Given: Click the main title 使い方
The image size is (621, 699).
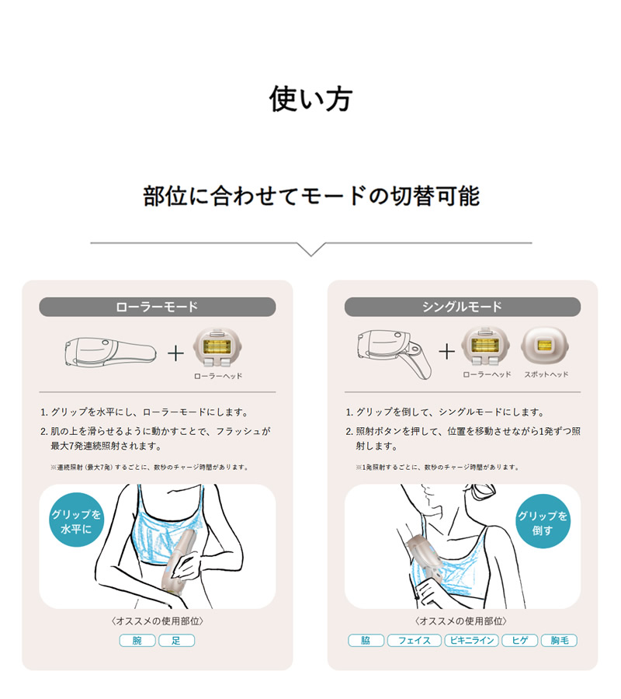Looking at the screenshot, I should (x=310, y=99).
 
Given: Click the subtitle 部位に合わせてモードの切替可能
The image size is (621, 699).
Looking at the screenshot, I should (x=310, y=196).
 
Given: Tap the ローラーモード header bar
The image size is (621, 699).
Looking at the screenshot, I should (x=157, y=307).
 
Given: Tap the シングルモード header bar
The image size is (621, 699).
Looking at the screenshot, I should (x=462, y=307).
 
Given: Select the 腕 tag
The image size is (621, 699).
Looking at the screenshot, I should (x=137, y=641).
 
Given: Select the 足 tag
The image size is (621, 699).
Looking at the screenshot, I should (x=176, y=641).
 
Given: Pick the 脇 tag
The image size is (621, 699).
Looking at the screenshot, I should (x=366, y=641).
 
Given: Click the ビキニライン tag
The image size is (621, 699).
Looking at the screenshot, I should (x=471, y=641).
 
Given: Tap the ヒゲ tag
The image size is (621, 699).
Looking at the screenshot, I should (x=519, y=641).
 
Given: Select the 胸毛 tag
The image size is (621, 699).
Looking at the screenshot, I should (x=559, y=641).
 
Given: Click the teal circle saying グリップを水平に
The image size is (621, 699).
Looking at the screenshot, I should (x=76, y=520).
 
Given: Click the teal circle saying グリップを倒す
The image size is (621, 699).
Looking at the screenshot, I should (x=543, y=521).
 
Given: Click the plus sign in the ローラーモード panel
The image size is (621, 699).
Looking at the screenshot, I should (x=176, y=353).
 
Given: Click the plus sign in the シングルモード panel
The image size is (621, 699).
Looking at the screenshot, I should (x=446, y=351).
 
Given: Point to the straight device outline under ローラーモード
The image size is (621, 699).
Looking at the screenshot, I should (x=109, y=351).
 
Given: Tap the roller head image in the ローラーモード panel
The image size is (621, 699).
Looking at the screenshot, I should (x=218, y=346).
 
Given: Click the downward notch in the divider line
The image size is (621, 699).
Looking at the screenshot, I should (x=310, y=250).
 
